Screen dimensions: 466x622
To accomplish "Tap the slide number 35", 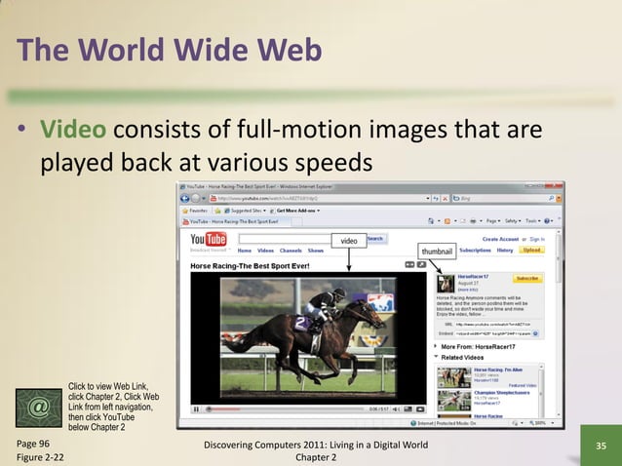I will click(x=601, y=447).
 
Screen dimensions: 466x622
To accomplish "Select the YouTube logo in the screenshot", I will click(x=209, y=239).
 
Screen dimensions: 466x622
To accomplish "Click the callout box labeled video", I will click(x=348, y=240).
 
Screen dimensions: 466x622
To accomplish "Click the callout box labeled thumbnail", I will click(x=436, y=251).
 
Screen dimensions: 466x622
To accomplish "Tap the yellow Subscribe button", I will click(x=527, y=279).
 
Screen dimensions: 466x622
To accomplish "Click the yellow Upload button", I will click(x=531, y=251).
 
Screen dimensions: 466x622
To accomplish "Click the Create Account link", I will click(x=500, y=239).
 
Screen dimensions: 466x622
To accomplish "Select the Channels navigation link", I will click(x=291, y=251).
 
